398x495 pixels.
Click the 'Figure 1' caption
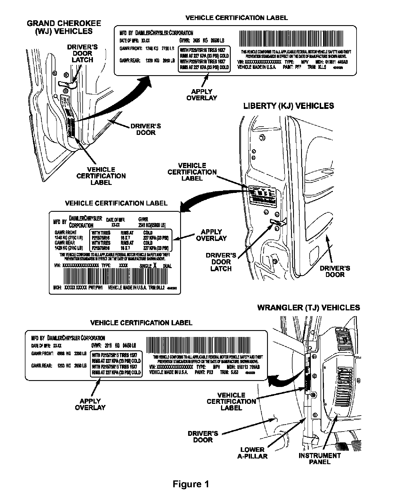191,484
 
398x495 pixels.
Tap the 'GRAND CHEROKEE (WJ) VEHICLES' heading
64,27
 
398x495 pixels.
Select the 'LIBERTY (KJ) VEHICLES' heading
288,106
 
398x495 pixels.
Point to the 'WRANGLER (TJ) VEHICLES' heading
309,308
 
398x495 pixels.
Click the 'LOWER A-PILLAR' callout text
252,453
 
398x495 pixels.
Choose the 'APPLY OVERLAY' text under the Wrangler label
90,404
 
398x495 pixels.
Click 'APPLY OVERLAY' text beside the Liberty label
211,235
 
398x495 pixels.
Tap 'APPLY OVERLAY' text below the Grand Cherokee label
202,95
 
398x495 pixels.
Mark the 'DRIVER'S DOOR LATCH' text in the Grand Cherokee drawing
82,53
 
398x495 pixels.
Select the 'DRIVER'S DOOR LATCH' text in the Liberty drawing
221,262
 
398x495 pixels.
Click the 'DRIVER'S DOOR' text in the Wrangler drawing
203,436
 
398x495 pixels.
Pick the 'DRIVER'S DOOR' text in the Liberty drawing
335,272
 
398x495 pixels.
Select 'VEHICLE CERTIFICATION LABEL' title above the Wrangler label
141,323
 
